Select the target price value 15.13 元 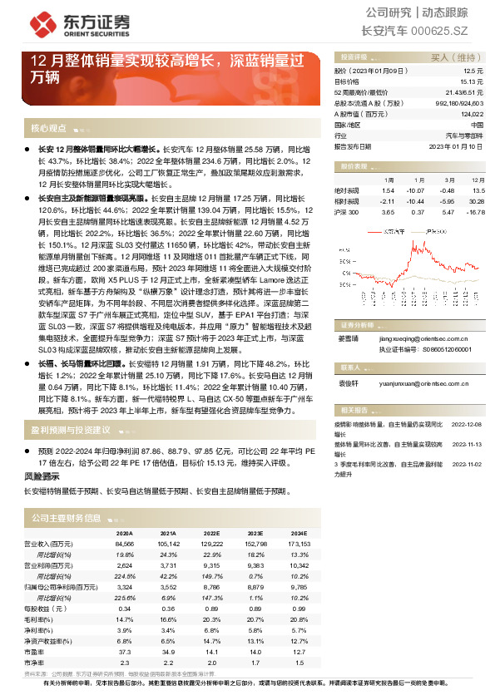471,82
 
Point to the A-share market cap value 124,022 470,113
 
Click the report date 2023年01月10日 455,145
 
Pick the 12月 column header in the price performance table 478,179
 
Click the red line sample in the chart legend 375,232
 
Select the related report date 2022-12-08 466,423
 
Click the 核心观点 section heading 48,129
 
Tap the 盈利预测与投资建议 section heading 71,430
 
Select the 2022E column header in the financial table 211,533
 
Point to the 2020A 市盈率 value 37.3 124,653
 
